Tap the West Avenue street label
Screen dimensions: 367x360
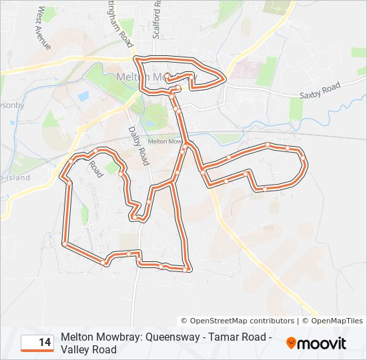44,28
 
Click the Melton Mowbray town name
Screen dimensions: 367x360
147,77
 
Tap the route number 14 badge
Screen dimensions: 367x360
37,343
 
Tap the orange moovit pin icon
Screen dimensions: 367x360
292,343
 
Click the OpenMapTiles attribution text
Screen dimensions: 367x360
336,321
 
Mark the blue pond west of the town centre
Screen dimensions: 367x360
83,97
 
